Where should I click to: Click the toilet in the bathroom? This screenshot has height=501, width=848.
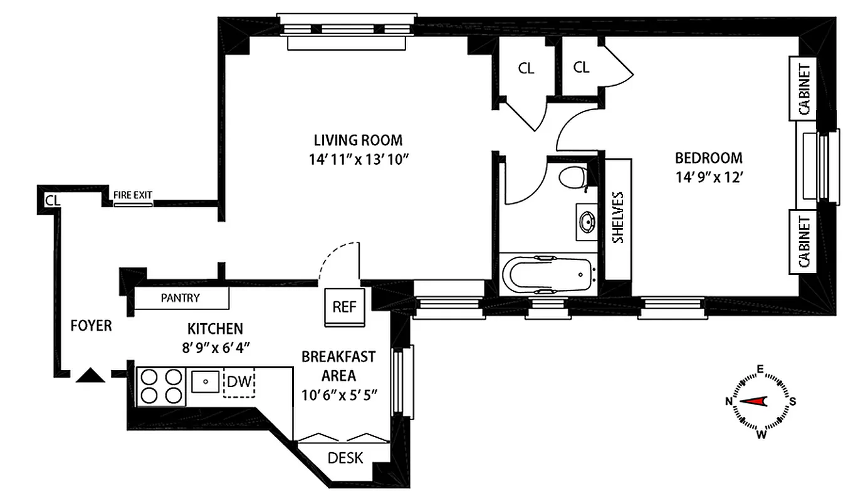572,177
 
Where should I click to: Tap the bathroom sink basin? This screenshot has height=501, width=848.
587,221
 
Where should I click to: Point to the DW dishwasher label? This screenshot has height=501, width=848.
239,381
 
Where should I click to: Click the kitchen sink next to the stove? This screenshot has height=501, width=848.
205,380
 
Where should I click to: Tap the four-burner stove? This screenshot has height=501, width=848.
161,386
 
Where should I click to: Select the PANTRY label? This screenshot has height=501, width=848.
181,298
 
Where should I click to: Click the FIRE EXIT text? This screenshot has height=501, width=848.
133,195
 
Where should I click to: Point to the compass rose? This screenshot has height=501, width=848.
760,401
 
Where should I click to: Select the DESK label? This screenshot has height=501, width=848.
345,458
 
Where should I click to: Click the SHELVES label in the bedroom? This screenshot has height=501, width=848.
618,217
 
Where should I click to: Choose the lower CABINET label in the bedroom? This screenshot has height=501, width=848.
805,242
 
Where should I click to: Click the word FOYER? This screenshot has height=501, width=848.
91,326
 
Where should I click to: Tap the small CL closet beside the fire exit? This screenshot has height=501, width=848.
53,200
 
